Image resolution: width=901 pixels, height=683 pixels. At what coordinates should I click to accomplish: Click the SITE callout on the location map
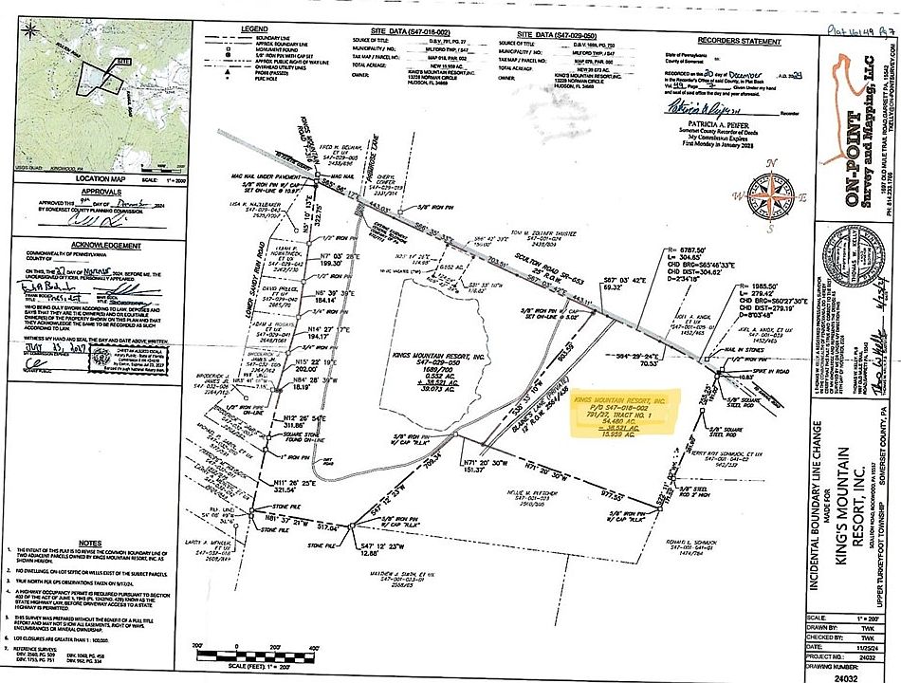(122, 61)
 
